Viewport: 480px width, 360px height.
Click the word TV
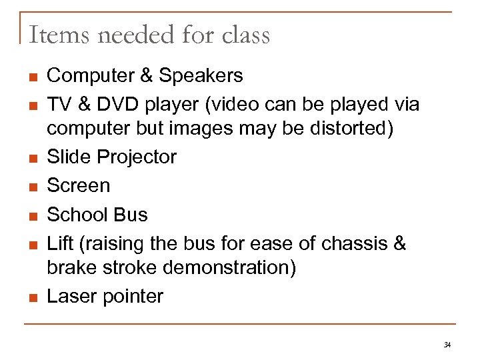click(60, 105)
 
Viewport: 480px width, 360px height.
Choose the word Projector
click(137, 157)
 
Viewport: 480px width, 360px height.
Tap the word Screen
click(79, 186)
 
